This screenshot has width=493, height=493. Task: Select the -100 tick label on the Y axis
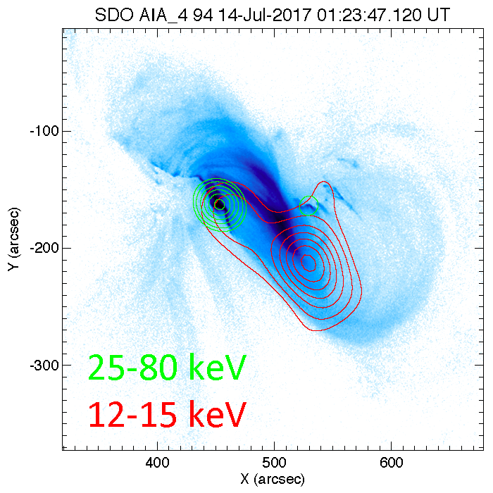(43, 132)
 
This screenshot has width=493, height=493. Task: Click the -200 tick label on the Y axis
(43, 248)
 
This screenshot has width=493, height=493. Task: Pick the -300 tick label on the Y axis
(43, 365)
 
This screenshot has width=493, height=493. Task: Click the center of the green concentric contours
(219, 204)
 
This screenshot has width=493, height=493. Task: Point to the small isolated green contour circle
(308, 206)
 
